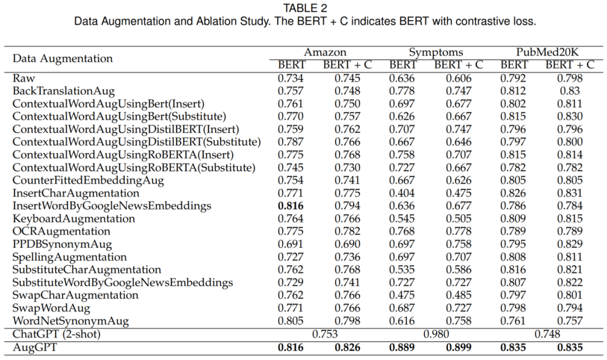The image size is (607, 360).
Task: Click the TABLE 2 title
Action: [305, 8]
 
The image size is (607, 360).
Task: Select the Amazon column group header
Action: [325, 52]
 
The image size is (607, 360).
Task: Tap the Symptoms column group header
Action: [436, 53]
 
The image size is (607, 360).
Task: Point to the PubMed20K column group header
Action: [547, 52]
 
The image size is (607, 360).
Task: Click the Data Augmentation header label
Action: [62, 58]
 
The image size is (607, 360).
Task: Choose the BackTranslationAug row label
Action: [64, 91]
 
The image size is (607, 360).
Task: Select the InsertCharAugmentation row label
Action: [75, 193]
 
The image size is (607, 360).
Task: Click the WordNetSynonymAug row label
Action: [70, 321]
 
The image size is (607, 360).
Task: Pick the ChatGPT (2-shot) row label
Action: [57, 334]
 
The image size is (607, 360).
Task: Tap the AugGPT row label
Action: [34, 347]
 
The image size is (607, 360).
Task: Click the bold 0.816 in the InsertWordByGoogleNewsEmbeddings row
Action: [291, 206]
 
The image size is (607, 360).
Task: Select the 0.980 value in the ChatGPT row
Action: [436, 334]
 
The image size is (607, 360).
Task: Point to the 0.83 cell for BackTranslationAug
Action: [570, 91]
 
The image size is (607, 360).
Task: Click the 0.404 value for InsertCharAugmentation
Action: [402, 193]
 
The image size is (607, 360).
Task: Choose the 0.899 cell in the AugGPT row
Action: [459, 347]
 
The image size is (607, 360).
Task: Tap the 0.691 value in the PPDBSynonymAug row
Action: [291, 244]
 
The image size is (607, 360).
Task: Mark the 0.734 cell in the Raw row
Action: [291, 78]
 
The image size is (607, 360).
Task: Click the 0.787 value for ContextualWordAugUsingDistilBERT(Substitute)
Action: [291, 142]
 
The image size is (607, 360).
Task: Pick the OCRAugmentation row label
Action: [61, 231]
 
